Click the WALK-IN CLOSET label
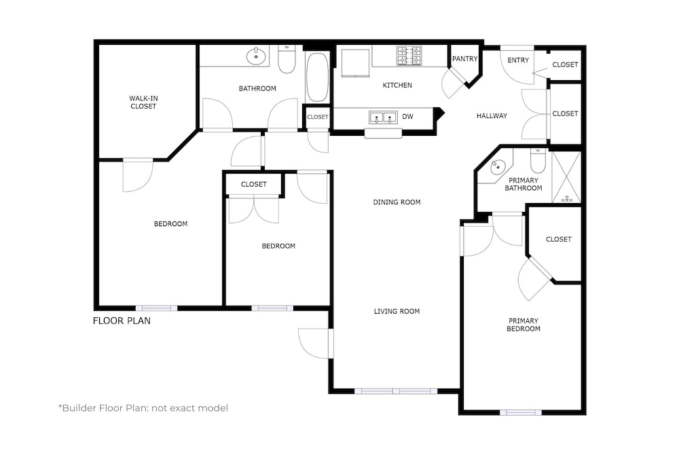(x=143, y=102)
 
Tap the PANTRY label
(x=464, y=58)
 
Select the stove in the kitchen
(x=409, y=56)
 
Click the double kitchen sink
(x=383, y=117)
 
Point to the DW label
(x=407, y=116)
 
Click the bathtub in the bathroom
(x=317, y=77)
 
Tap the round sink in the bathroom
(x=256, y=56)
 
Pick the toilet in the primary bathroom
(x=538, y=160)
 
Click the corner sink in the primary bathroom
(x=498, y=166)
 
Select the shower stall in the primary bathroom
(x=566, y=177)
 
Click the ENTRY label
(x=518, y=60)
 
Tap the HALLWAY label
(x=492, y=115)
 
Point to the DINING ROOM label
(x=397, y=202)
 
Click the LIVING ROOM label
(x=397, y=311)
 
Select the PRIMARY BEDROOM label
(x=524, y=325)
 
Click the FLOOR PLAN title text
(x=122, y=321)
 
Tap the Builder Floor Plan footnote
(x=143, y=408)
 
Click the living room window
(x=397, y=391)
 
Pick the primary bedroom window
(x=521, y=412)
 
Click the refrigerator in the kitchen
(x=356, y=62)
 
